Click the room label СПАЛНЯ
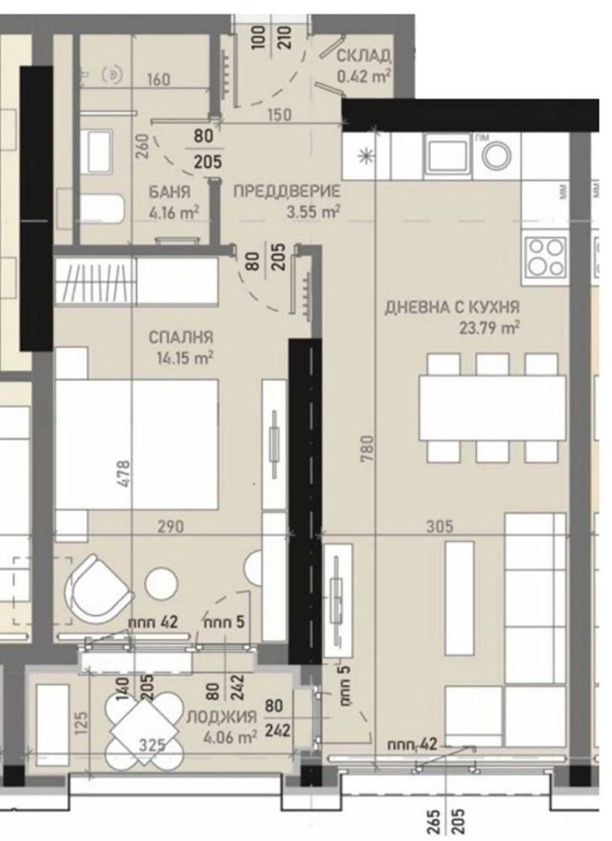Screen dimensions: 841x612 [x=181, y=337]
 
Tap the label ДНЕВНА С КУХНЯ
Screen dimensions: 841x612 [x=452, y=307]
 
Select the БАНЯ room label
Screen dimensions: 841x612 [x=169, y=191]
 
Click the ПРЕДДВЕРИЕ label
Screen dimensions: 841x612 [x=285, y=191]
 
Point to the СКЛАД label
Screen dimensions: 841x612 [x=364, y=56]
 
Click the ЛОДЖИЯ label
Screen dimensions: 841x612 [x=228, y=717]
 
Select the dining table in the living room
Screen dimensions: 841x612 [x=492, y=406]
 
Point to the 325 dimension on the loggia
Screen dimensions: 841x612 [x=152, y=745]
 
